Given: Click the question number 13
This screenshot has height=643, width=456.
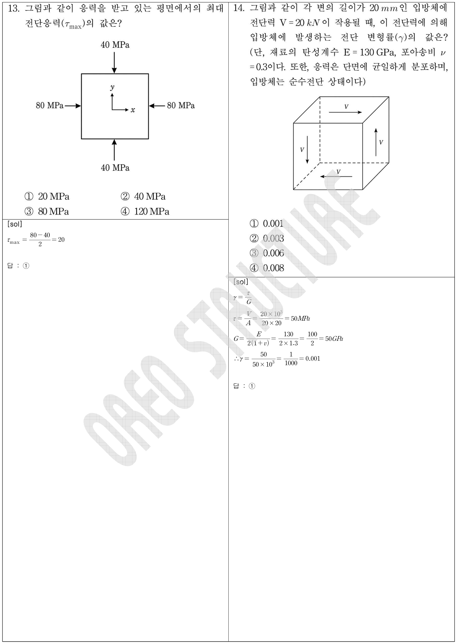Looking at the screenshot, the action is click(x=13, y=8).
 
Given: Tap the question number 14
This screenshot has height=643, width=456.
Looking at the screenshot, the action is click(x=239, y=8).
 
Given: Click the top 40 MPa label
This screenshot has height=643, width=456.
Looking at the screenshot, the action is click(x=115, y=45).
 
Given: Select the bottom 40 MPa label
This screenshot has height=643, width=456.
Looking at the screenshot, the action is click(x=115, y=168).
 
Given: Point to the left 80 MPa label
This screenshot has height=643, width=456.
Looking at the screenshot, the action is click(x=50, y=105).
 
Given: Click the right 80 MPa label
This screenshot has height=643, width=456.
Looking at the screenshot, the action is click(x=181, y=105).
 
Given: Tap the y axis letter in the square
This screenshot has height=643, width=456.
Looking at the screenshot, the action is click(x=112, y=87).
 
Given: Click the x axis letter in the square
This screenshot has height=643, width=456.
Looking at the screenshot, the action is click(x=133, y=110).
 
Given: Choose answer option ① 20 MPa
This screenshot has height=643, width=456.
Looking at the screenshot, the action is click(x=47, y=196).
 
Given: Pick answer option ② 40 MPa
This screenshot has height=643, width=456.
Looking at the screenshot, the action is click(x=143, y=196).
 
